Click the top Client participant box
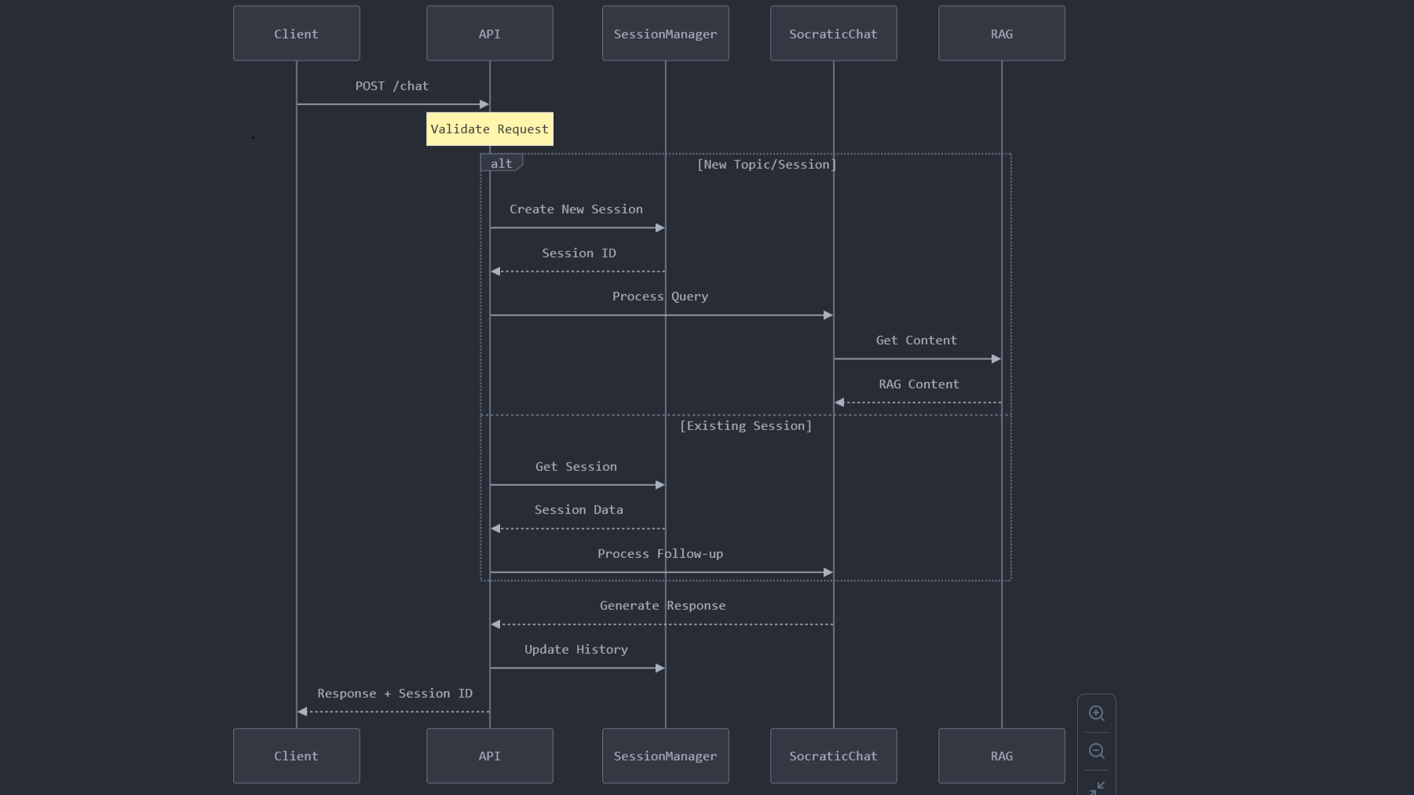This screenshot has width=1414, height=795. point(297,34)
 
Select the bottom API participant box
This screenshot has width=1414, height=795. point(490,756)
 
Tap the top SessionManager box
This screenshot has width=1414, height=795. point(666,34)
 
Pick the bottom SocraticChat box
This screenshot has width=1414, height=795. point(834,756)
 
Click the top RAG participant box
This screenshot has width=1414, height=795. point(1002,34)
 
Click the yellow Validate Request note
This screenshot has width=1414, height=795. point(490,129)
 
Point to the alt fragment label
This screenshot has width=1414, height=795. point(502,163)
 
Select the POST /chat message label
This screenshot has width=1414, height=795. point(392,86)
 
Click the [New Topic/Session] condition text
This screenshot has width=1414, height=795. point(767,165)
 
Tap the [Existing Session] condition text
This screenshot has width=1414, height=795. point(746,426)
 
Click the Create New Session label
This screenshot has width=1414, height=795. point(576,210)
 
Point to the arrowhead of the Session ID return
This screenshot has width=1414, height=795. point(495,272)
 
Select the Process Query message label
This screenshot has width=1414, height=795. point(660,297)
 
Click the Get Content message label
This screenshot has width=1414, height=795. point(917,341)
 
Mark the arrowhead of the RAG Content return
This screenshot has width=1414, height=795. point(839,403)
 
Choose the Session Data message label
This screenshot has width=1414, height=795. point(579,510)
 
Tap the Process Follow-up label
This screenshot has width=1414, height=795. point(660,554)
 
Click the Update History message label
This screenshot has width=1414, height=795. point(576,650)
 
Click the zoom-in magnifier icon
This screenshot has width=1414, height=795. point(1097,713)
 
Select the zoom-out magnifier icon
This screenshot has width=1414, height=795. point(1097,751)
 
